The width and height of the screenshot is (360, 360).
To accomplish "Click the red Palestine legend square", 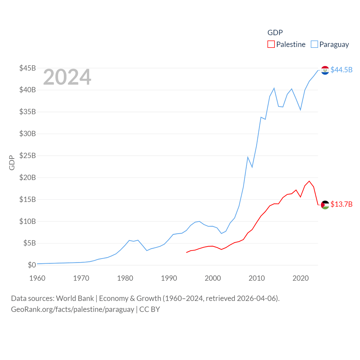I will pos(271,44).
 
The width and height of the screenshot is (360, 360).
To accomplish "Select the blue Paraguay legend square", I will pos(314,44).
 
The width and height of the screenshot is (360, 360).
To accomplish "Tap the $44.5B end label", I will pos(341,70).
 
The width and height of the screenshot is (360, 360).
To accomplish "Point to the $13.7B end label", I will pos(341,204).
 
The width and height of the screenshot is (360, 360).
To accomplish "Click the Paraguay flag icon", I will pos(325,70).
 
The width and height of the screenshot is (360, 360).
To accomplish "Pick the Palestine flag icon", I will pos(325,205).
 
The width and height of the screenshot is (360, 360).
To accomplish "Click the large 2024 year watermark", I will pos(67,77).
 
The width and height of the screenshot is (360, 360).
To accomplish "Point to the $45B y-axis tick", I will pos(27,68).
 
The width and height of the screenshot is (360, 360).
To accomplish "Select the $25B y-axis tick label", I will pos(27,156).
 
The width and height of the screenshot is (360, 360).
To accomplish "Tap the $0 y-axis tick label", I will pos(32,265).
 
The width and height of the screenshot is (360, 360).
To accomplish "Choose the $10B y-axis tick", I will pos(27,221).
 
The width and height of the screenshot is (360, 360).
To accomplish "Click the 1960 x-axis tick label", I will pos(37,278).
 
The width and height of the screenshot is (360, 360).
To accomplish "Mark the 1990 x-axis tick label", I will pos(169,278).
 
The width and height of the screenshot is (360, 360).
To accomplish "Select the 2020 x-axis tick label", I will pos(300,278).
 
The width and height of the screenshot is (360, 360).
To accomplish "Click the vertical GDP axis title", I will pos(12,163).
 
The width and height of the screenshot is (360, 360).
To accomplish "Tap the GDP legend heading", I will pos(275,33).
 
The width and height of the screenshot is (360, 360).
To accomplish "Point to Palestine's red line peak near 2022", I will pos(309,181).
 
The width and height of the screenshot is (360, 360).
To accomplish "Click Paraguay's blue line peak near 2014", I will pos(274,88).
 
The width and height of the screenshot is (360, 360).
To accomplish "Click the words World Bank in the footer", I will pos(75,298).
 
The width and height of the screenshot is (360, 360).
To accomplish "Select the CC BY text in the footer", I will pos(150,309).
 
